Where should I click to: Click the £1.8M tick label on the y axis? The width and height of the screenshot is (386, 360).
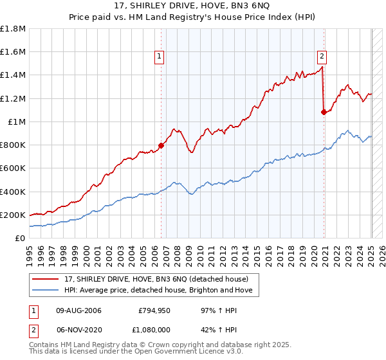tap(13, 29)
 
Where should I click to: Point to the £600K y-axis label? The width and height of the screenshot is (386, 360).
tap(13, 168)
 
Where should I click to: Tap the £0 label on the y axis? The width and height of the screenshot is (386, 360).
tap(20, 238)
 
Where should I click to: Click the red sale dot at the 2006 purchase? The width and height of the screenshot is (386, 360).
tap(161, 145)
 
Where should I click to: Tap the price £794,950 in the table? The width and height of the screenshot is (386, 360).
tap(153, 310)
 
